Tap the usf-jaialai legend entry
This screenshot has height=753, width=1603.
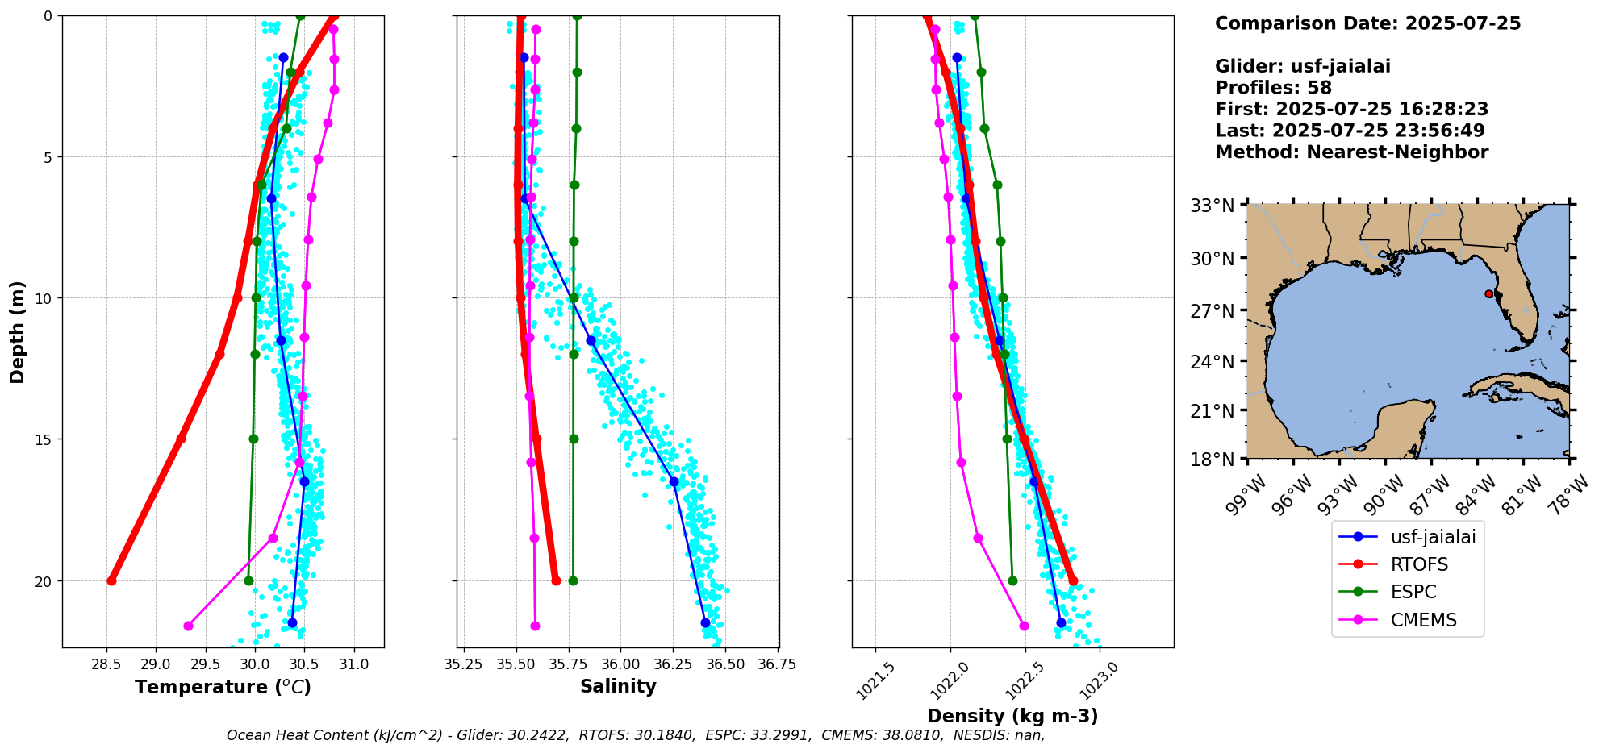pos(1407,537)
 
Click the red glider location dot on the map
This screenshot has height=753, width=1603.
pos(1488,293)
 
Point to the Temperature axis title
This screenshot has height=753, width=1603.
pos(223,687)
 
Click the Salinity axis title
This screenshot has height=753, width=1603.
pos(618,686)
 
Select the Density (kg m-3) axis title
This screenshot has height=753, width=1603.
pos(1012,716)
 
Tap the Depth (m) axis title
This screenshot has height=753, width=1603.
pos(18,331)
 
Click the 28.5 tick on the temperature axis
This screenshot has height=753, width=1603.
pos(106,664)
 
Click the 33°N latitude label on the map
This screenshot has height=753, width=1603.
pos(1213,206)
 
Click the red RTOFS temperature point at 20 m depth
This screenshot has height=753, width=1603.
pos(111,580)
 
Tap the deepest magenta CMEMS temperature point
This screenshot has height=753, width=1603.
pos(188,626)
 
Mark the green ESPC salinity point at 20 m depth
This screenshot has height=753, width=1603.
pos(573,580)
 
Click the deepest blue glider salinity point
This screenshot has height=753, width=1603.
pos(705,622)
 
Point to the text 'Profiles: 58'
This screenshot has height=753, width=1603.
pos(1273,88)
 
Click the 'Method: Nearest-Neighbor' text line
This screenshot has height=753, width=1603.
pos(1352,152)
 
